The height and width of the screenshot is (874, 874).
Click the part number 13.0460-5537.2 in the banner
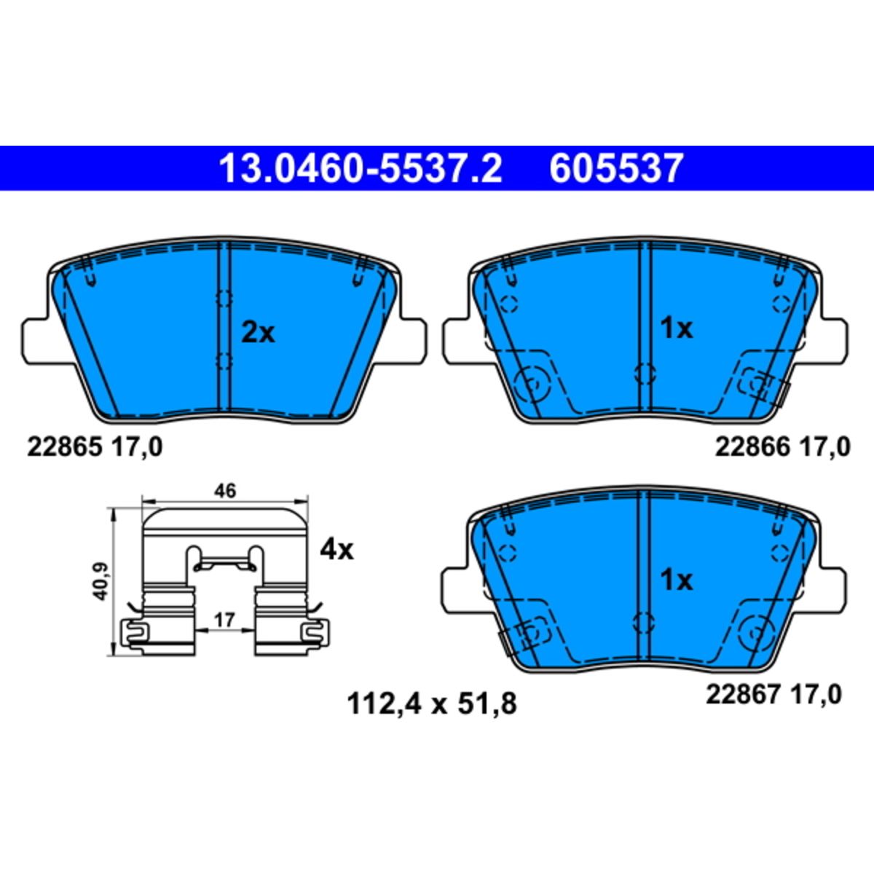361,169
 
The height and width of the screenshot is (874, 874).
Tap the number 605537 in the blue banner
616,169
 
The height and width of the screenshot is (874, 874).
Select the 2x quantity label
258,334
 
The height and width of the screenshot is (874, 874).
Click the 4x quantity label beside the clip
336,551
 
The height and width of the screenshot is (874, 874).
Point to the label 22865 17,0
95,447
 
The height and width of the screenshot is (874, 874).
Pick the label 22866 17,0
783,447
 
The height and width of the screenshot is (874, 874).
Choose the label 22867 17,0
773,694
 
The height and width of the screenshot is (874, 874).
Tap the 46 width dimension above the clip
225,490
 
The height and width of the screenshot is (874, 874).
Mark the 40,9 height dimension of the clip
100,581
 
